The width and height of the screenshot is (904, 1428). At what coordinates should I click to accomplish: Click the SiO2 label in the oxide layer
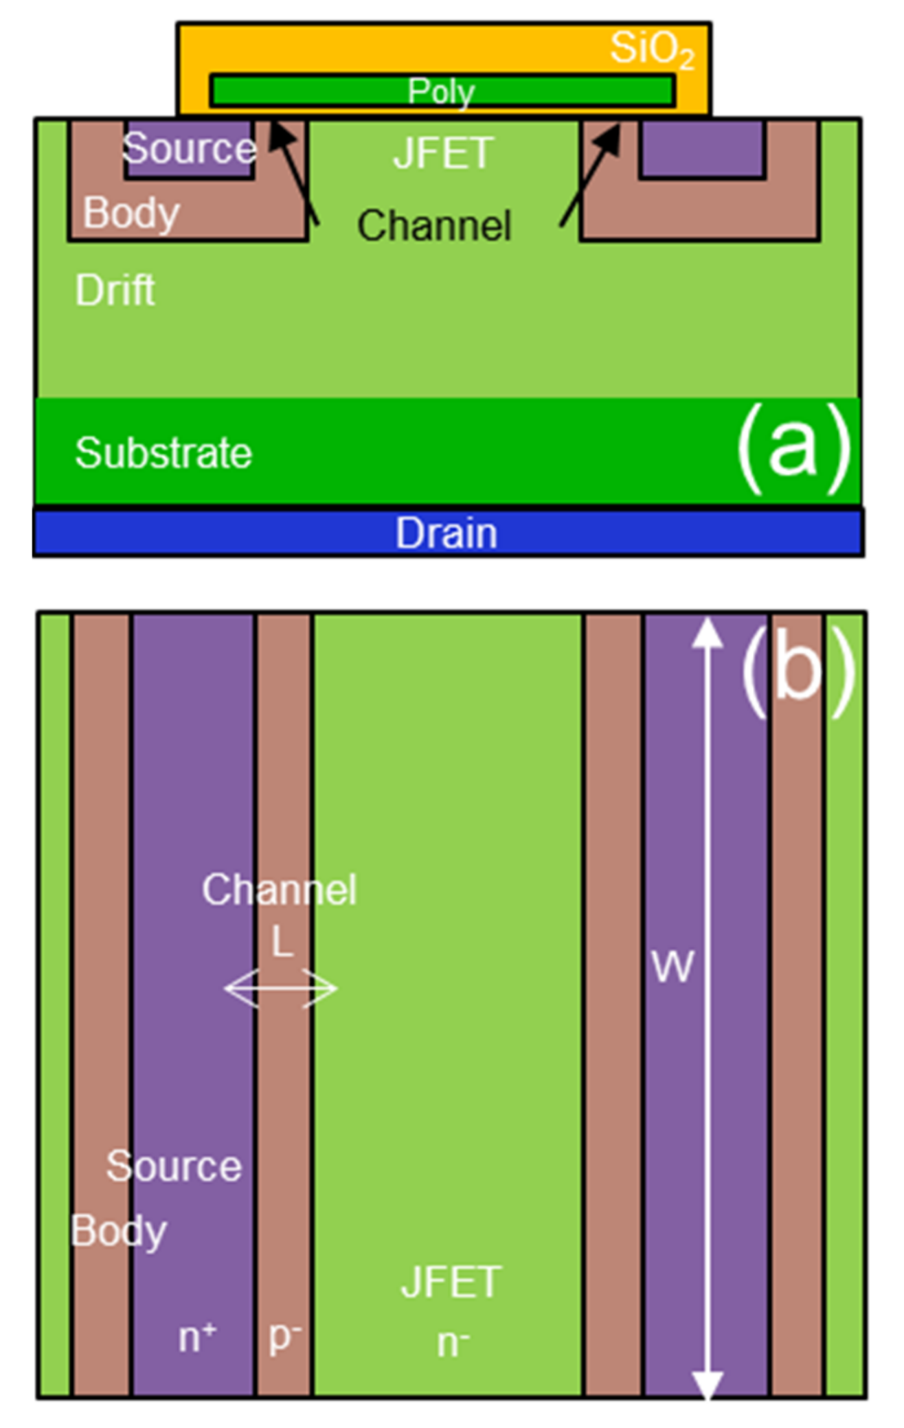coord(651,49)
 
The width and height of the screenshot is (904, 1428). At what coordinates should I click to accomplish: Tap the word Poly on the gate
coord(441,91)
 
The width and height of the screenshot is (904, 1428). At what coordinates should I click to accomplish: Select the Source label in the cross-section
coord(189,148)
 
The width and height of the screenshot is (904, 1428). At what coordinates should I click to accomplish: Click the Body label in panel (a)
coord(131,213)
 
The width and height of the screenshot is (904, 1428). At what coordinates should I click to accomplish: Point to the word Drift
coord(115,290)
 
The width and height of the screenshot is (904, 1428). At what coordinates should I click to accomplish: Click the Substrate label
coord(163,453)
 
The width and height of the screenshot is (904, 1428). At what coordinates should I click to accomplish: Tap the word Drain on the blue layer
coord(447,533)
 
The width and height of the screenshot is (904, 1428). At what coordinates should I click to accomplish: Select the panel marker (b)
coord(798,669)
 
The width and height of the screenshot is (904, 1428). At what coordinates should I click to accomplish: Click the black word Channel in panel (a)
coord(434,225)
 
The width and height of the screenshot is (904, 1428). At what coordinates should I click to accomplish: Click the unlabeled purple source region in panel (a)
coord(701,149)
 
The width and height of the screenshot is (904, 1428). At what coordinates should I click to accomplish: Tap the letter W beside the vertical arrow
coord(673,967)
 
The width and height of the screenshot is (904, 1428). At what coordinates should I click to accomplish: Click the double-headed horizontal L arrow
coord(281,989)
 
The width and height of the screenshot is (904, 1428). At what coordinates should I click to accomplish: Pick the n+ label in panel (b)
coord(197,1337)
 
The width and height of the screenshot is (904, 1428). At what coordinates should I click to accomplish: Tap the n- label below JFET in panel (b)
coord(453,1343)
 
